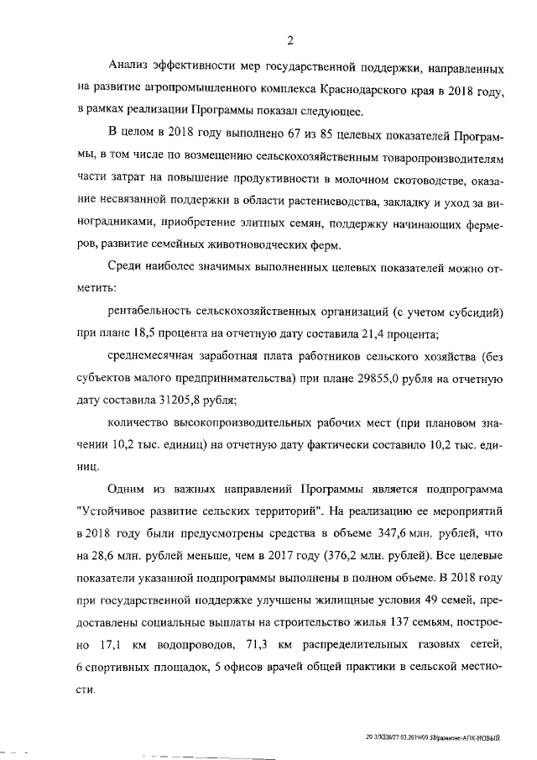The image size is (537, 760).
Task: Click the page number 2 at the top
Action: (x=289, y=40)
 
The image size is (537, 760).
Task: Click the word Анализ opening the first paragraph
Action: (x=133, y=66)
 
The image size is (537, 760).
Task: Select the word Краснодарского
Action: (x=346, y=87)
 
